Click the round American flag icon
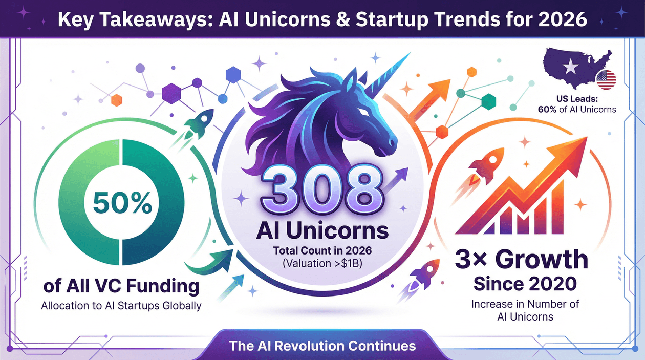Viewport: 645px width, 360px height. click(x=606, y=80)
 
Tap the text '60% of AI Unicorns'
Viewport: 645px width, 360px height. click(x=577, y=109)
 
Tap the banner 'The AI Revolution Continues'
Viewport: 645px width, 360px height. click(x=322, y=345)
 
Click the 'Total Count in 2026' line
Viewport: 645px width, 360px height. click(x=322, y=252)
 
